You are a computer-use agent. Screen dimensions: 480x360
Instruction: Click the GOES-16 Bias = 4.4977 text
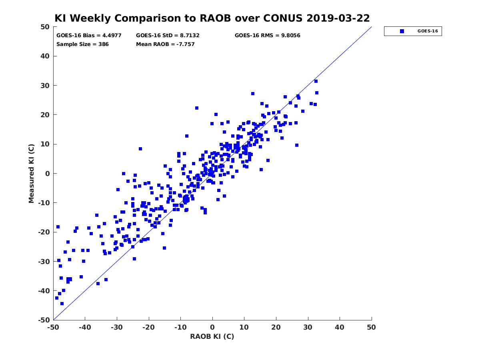click(89, 36)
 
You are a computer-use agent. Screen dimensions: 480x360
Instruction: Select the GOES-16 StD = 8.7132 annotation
click(168, 36)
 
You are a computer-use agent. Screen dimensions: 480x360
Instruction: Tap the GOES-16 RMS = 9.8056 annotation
click(267, 36)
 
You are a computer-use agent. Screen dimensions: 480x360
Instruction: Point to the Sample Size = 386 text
click(82, 44)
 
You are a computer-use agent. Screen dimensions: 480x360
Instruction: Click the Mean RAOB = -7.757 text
click(165, 44)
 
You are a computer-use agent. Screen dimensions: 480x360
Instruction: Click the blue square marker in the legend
click(402, 31)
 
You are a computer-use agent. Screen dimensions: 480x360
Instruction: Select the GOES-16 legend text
click(428, 31)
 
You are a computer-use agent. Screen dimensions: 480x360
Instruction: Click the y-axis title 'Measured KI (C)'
click(31, 173)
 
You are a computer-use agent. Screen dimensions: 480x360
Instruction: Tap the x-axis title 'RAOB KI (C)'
click(212, 336)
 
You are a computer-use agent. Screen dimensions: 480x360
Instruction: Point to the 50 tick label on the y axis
click(45, 27)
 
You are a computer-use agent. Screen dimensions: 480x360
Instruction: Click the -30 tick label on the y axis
click(44, 262)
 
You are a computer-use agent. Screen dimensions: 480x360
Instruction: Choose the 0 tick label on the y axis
click(48, 174)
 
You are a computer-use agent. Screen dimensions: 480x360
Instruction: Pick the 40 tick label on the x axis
click(339, 327)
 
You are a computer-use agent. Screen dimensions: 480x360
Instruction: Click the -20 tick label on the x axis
click(148, 327)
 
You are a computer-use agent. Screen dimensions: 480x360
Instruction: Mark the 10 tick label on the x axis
click(244, 327)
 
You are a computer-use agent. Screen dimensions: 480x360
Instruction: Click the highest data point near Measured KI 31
click(316, 81)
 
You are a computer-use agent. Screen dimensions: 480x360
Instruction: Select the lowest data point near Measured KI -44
click(62, 304)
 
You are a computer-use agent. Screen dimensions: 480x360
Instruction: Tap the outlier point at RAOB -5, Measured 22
click(196, 108)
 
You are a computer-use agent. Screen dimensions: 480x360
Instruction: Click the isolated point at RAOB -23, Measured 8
click(140, 149)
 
